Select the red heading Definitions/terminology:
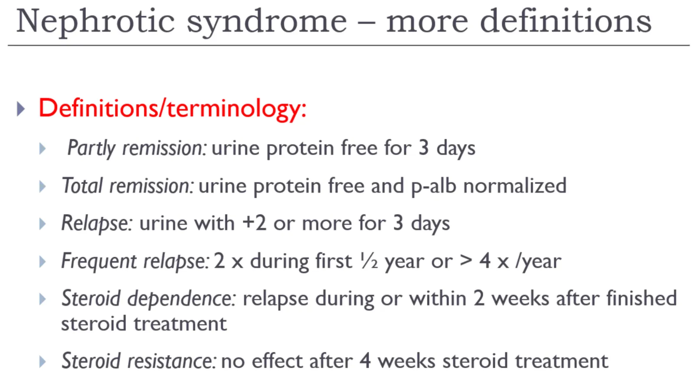coord(173,109)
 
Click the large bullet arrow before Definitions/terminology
coord(21,109)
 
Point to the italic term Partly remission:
coord(137,148)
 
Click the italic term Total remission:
coord(128,186)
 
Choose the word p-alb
coord(433,186)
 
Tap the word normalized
coord(515,186)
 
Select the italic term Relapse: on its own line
coord(97,223)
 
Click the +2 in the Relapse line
coord(254,223)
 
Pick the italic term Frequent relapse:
coord(135,261)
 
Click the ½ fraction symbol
coord(369,261)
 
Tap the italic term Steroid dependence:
coord(149,299)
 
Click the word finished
coord(642,298)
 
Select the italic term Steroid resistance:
coord(138,361)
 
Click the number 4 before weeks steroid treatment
coord(365,360)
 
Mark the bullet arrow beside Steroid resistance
coord(43,362)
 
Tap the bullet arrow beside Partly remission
coord(43,149)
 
